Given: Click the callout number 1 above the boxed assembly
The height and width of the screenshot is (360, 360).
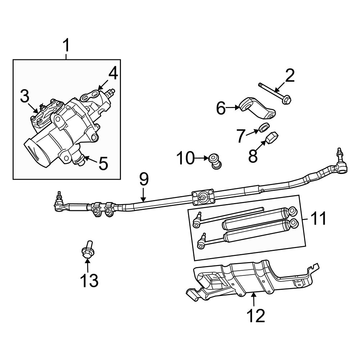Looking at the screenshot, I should point(67,46).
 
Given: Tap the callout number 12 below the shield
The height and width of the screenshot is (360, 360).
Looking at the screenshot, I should point(256,316).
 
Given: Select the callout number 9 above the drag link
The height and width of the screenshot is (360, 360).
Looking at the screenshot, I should point(144,180).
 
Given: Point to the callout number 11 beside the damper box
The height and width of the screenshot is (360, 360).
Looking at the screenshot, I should point(318,219).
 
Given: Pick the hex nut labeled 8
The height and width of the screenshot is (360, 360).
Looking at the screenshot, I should point(273,137).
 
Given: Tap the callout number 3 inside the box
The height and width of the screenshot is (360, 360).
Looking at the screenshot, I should point(24,96).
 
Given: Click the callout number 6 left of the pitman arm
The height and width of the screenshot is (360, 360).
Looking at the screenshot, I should point(221,108).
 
